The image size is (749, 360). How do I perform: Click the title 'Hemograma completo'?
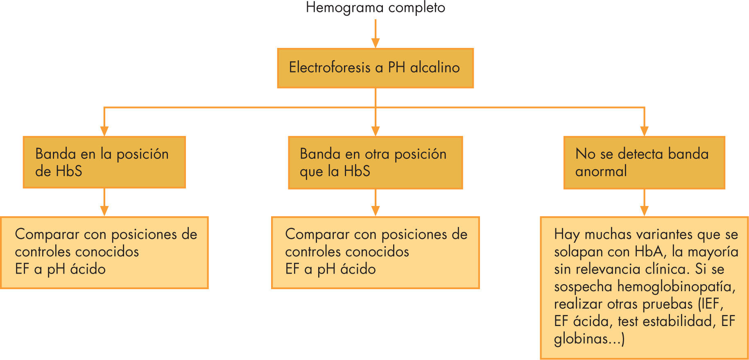click(375, 8)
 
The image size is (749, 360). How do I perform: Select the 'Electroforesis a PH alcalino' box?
click(375, 68)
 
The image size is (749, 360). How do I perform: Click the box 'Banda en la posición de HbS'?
click(104, 162)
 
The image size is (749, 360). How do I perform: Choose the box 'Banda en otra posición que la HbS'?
click(375, 163)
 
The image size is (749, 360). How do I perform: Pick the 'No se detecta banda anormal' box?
click(644, 163)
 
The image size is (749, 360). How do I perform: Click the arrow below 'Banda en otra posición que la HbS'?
click(375, 203)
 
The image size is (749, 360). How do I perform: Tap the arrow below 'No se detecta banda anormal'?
click(644, 203)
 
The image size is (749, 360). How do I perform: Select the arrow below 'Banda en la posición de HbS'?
click(104, 202)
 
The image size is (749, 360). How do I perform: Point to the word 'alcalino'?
click(435, 68)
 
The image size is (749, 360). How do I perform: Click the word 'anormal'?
click(601, 171)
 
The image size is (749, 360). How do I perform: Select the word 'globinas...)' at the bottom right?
click(589, 339)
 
